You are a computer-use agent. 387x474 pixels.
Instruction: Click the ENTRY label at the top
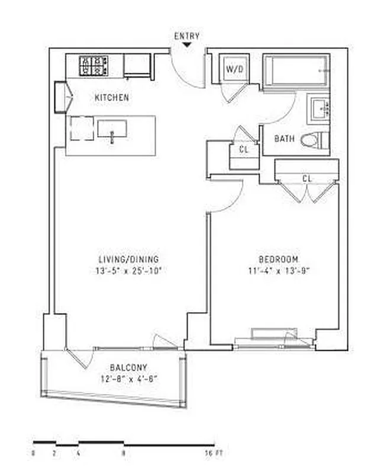186,36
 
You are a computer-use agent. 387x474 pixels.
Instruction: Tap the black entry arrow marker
187,44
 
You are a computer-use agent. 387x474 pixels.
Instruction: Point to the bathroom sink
322,110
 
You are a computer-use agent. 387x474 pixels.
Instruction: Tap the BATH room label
284,139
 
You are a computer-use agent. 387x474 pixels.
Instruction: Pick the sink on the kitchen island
112,128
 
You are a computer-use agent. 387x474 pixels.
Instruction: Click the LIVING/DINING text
128,260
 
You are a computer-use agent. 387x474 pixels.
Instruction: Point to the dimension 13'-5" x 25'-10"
129,271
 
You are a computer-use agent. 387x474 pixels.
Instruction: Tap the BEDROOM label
278,260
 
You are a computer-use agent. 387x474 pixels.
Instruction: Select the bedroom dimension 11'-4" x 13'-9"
278,271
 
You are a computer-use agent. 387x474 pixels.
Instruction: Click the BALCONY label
128,367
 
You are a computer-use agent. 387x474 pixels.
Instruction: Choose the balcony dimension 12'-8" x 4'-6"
128,379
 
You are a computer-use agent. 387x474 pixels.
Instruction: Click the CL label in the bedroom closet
307,178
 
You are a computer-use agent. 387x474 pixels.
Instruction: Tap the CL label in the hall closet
243,150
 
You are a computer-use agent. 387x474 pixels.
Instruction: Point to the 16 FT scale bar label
215,454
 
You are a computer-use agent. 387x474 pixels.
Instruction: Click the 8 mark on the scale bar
123,454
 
